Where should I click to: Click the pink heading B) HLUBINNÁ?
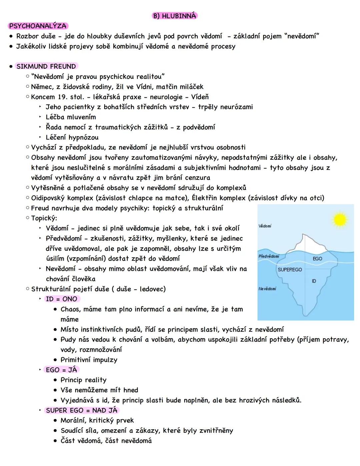174,16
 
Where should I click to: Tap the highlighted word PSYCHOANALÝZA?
38,26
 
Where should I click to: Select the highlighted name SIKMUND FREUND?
46,66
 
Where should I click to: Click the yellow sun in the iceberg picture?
340,219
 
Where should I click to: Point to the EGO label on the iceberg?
317,259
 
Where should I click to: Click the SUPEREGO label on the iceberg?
290,270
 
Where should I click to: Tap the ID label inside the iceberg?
314,281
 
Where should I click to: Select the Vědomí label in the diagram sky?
265,226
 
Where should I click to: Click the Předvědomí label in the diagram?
269,256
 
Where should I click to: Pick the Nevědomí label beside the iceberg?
267,289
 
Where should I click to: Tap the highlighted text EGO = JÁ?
61,370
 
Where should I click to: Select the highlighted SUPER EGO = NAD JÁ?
82,410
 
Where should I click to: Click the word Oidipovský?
48,198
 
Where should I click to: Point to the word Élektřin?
204,198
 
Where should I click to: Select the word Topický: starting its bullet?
44,218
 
